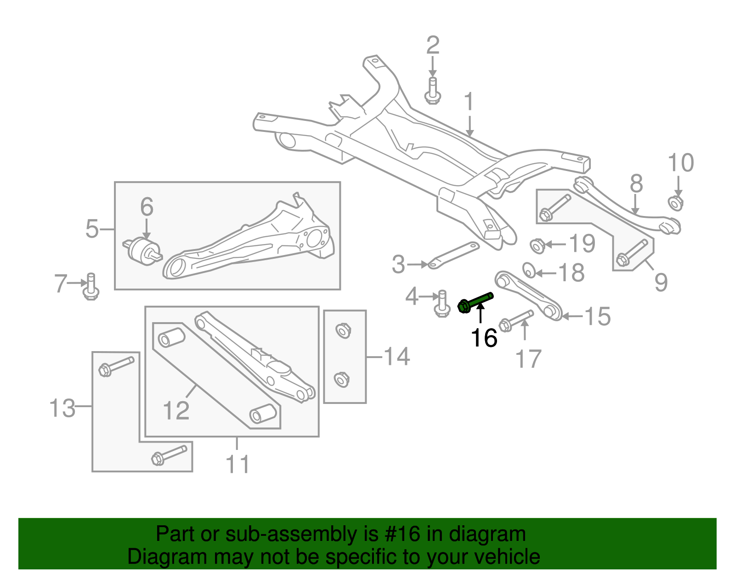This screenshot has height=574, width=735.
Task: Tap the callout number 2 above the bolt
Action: point(432,45)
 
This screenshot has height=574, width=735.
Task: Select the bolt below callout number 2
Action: point(432,91)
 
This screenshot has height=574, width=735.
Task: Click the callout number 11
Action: point(237,464)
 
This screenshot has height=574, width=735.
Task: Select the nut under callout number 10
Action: point(675,203)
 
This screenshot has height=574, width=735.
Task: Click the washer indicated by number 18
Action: point(529,270)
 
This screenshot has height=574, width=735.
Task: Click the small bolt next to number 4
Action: point(442,304)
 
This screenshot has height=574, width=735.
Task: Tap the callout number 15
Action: point(597,317)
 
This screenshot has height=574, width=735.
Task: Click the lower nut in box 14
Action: point(342,379)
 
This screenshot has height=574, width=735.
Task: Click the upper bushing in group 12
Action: point(171,339)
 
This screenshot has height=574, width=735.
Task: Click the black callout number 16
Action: point(484,338)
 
